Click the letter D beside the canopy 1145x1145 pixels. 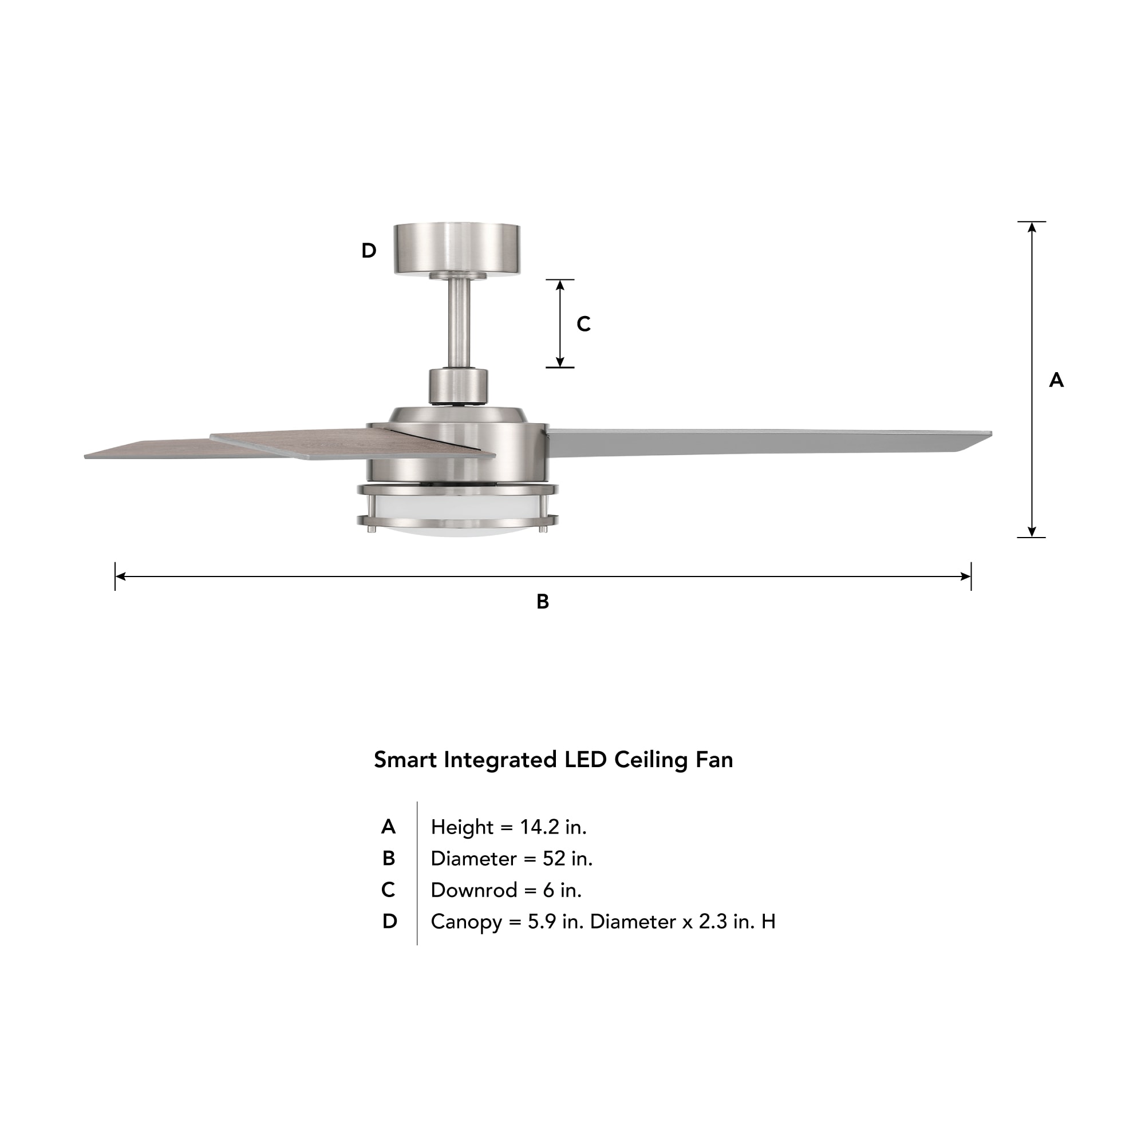(369, 251)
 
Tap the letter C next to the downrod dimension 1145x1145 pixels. (584, 323)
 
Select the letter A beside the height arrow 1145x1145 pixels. (1056, 380)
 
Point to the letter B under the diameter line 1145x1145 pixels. (542, 602)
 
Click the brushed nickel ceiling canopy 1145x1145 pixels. (457, 248)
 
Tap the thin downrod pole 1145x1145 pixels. (459, 323)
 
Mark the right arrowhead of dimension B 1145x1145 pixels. (965, 576)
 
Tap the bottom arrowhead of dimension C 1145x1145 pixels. (560, 362)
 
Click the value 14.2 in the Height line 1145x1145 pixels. (539, 827)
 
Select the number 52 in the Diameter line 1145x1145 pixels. (554, 858)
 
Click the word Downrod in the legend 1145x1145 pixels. (473, 890)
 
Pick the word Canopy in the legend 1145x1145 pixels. (466, 922)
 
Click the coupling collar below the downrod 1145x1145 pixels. (458, 386)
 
